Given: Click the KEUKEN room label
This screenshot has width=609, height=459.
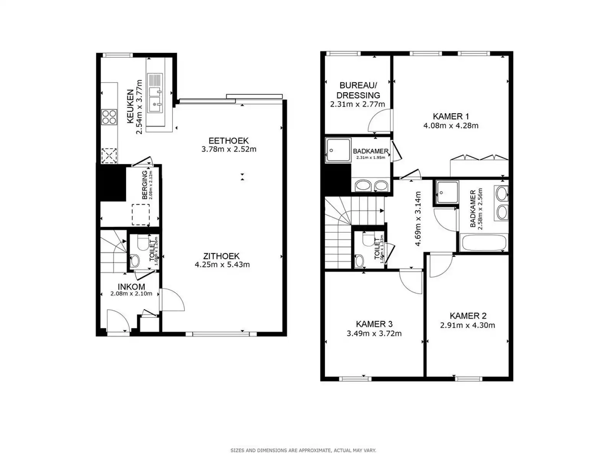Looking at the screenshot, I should (130, 106).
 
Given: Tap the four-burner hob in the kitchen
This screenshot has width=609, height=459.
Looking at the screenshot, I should (109, 117).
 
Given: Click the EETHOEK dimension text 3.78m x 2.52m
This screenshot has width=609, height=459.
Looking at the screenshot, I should (229, 149).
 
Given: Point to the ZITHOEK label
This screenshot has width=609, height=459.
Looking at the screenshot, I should (222, 256).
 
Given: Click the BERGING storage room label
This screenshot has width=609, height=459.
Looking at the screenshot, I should (145, 185).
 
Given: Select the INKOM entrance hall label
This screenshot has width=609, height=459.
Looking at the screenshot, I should (131, 286).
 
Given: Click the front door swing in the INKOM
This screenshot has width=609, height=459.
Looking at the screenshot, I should (117, 321).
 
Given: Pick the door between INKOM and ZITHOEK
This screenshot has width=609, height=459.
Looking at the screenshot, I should (171, 300).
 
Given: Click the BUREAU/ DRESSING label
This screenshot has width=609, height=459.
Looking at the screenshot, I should (358, 90).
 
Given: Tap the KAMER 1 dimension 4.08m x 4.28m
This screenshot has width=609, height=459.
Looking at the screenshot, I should (451, 125).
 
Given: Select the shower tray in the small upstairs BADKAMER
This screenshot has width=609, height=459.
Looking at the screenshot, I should (338, 150).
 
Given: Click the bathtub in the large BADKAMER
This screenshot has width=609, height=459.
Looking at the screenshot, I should (484, 243).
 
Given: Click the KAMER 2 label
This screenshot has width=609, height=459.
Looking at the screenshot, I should (468, 316).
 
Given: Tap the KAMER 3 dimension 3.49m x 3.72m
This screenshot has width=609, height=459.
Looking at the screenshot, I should (374, 334).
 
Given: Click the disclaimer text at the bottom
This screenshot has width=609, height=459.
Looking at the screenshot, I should (303, 451).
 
